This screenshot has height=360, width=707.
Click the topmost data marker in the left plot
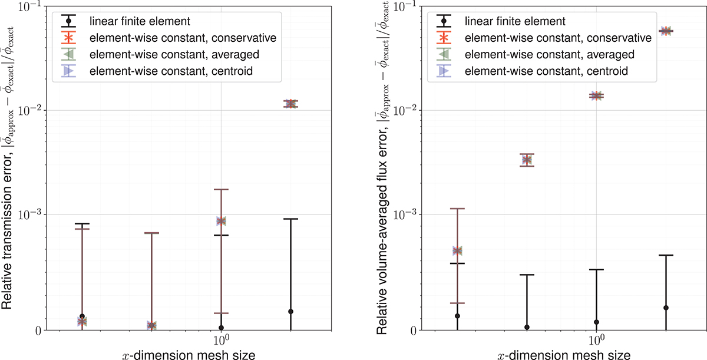pos(290,104)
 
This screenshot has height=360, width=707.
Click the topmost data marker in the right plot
pos(666,31)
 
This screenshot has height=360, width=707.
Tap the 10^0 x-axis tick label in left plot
pos(221,341)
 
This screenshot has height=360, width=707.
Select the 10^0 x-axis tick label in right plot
pos(597,341)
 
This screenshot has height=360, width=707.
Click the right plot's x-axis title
pos(563,354)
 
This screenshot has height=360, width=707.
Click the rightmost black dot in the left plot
pos(290,312)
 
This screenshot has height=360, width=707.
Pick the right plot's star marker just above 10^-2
pos(597,95)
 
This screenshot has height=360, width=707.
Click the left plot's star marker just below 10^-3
pos(221,221)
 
